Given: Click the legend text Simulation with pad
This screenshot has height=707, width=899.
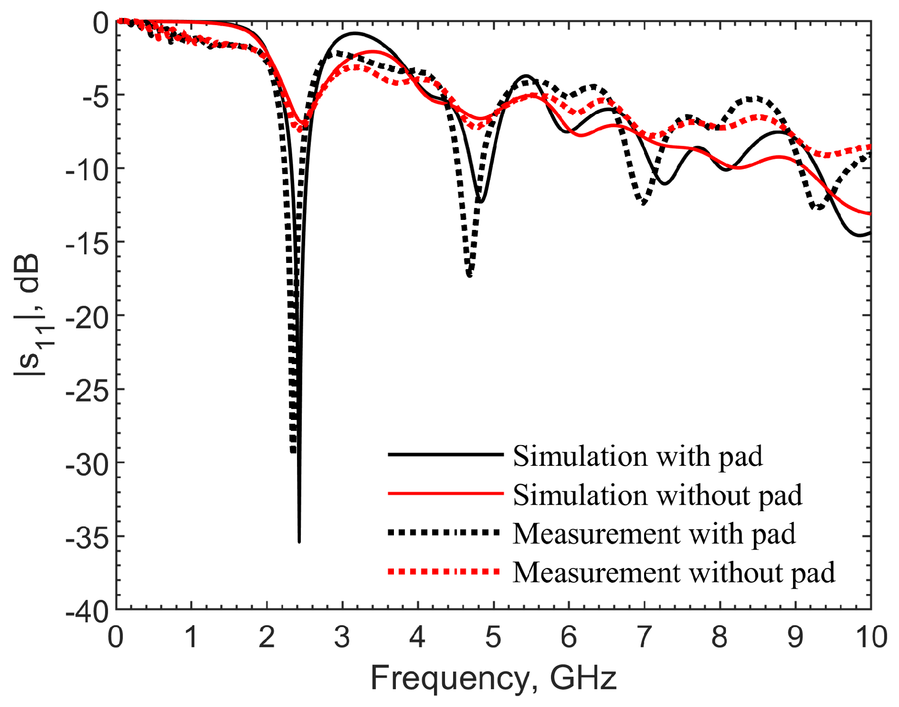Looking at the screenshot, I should [x=637, y=456].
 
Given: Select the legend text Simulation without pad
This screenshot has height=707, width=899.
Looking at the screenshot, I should [x=657, y=495].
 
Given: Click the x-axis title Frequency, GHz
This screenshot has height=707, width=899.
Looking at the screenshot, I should [x=493, y=678].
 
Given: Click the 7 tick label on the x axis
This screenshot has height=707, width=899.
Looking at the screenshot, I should [x=644, y=637].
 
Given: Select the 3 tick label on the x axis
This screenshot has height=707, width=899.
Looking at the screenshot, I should [x=341, y=637].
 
